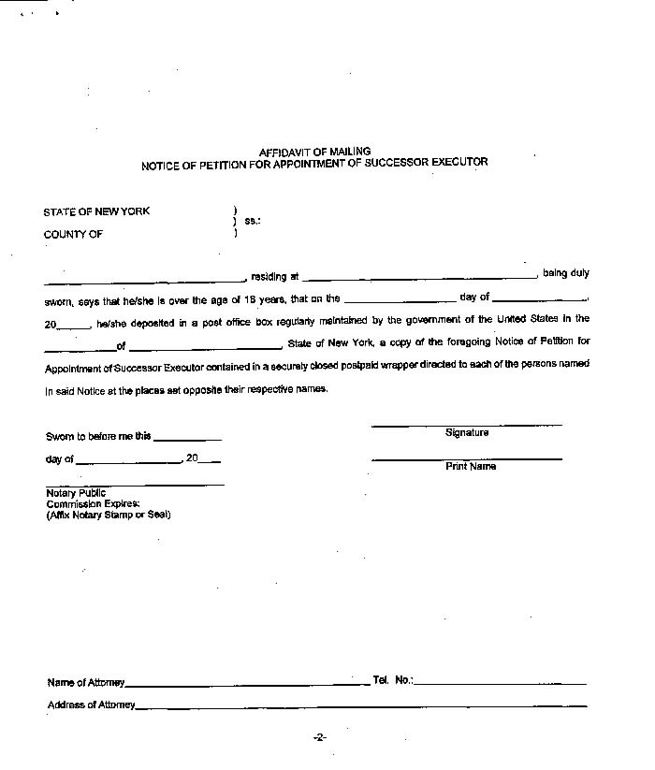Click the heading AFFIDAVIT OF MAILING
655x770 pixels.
[x=314, y=152]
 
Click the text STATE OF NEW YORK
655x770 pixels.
[x=96, y=211]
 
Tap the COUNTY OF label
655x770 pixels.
[x=73, y=235]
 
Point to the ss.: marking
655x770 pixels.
[x=252, y=222]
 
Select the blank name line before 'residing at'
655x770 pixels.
[x=144, y=280]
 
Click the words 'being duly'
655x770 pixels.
[x=566, y=273]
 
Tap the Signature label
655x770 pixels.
[x=466, y=433]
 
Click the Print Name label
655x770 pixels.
[x=470, y=466]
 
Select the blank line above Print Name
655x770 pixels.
[x=466, y=458]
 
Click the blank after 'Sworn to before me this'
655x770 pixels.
[x=187, y=439]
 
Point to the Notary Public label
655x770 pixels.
[x=76, y=493]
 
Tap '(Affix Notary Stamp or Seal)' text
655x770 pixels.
[x=109, y=515]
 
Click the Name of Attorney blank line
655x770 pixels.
[x=247, y=685]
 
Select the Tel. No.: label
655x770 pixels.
[x=392, y=680]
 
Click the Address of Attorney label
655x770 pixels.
[x=91, y=705]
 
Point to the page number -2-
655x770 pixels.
[x=319, y=738]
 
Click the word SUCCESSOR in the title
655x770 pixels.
[x=403, y=163]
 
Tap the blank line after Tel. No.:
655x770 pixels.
[x=500, y=684]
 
